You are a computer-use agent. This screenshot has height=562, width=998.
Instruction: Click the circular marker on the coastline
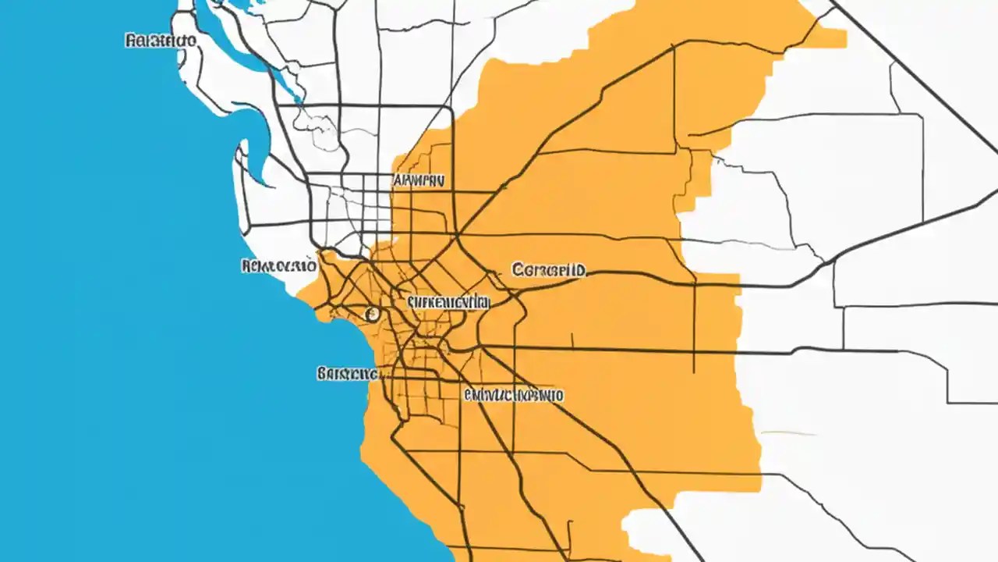coord(372,315)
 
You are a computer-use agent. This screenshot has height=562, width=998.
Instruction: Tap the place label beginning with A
coord(419,181)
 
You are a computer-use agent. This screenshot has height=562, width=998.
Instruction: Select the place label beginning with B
coord(348,374)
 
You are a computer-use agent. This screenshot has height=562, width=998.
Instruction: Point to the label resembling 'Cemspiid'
coord(549,271)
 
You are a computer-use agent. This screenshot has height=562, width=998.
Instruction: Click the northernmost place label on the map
coord(161,41)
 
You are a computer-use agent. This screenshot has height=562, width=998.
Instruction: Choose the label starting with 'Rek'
coord(279,266)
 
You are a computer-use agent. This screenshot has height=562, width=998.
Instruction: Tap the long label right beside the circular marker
coord(448,302)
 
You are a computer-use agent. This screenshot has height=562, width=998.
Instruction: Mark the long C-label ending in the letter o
coord(513,396)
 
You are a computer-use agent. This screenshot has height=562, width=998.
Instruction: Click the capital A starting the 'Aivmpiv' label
coord(398,181)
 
